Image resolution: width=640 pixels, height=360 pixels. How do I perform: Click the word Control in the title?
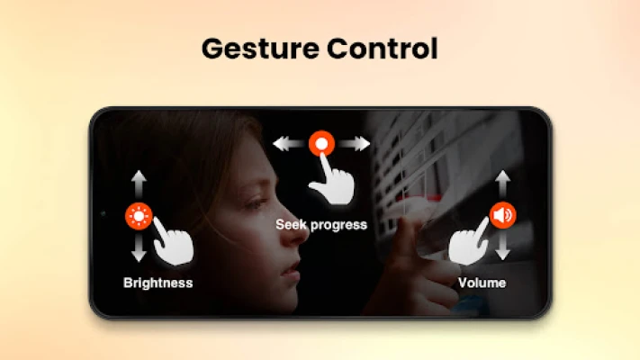point(383,49)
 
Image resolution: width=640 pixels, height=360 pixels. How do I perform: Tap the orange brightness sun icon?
point(139,216)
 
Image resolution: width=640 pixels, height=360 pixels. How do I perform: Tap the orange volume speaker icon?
point(502,215)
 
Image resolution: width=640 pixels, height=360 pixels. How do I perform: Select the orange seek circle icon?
point(321,143)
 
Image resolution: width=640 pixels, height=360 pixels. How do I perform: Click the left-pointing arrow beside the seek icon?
point(289,144)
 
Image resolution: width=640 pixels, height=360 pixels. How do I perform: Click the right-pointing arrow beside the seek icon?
point(355,144)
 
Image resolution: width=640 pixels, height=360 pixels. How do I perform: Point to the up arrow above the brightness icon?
point(139,184)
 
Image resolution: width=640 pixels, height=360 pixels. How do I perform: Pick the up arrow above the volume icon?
point(502,184)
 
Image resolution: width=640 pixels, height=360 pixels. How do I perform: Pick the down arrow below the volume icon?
point(502,246)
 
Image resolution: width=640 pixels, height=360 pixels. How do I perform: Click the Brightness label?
point(158,283)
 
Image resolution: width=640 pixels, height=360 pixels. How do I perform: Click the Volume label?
point(482,283)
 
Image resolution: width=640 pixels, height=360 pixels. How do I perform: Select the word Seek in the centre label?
point(291,224)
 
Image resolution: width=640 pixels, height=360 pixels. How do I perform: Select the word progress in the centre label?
point(338,225)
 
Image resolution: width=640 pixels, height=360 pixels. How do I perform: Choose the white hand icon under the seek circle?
point(331,180)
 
